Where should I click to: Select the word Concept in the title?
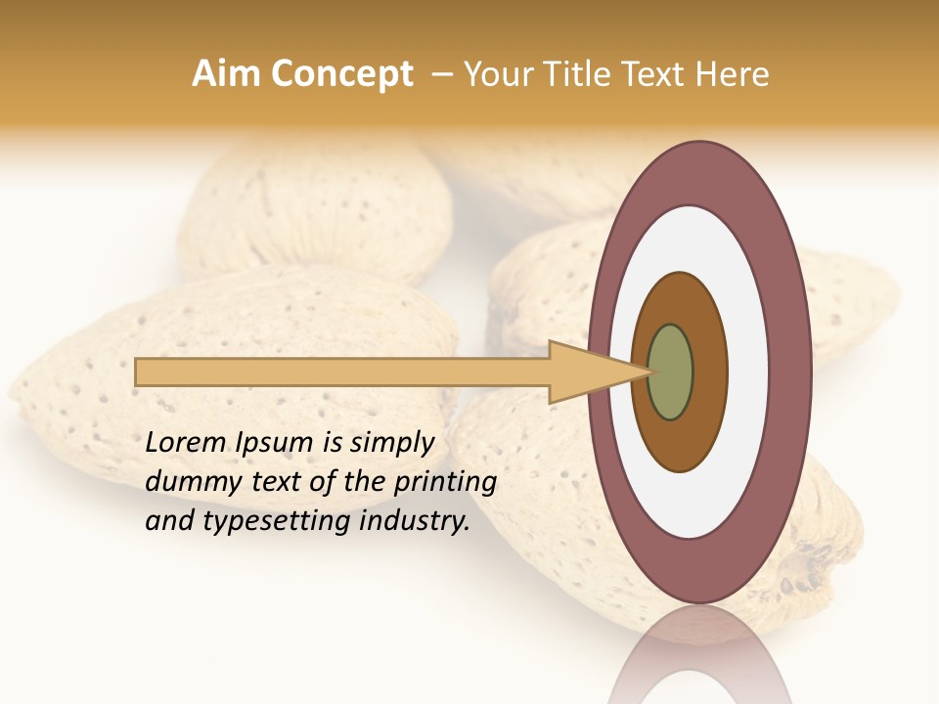click(x=340, y=73)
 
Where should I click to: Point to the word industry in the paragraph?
click(x=415, y=521)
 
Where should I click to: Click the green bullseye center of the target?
click(x=670, y=372)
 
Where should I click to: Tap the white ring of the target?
click(x=747, y=372)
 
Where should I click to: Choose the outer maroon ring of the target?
click(x=792, y=372)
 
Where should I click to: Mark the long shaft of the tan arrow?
click(x=342, y=372)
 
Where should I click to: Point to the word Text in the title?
click(x=658, y=73)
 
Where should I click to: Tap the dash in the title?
click(x=441, y=73)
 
